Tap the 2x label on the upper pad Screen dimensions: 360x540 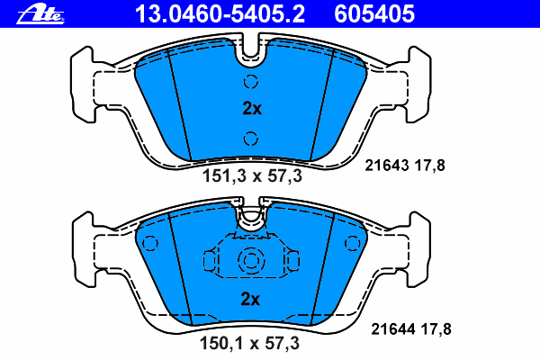[251, 109]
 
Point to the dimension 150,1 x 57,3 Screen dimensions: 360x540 [250, 342]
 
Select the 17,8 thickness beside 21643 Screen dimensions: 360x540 [432, 166]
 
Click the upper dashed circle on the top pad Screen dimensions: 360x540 [251, 82]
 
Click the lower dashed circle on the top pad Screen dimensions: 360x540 [251, 138]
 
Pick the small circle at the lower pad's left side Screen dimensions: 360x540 [150, 242]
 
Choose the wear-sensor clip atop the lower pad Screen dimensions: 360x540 [250, 216]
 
